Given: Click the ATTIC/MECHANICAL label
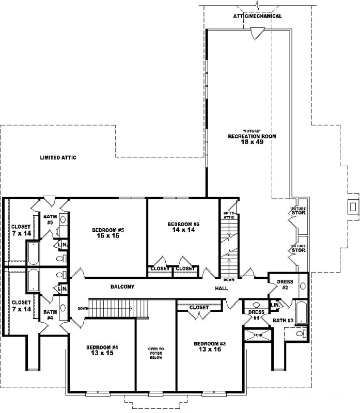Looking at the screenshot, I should (x=257, y=16).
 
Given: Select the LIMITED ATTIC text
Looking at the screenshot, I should (x=58, y=157).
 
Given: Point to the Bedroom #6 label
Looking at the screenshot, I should (x=183, y=227).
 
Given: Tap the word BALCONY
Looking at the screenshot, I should (x=122, y=287).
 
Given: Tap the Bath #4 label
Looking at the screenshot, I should (x=49, y=314).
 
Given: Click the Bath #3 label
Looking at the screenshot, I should (x=283, y=321).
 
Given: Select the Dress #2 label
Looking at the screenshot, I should (x=285, y=284).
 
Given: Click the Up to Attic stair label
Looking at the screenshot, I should (x=229, y=215).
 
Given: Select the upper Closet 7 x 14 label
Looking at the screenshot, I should (x=21, y=230).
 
